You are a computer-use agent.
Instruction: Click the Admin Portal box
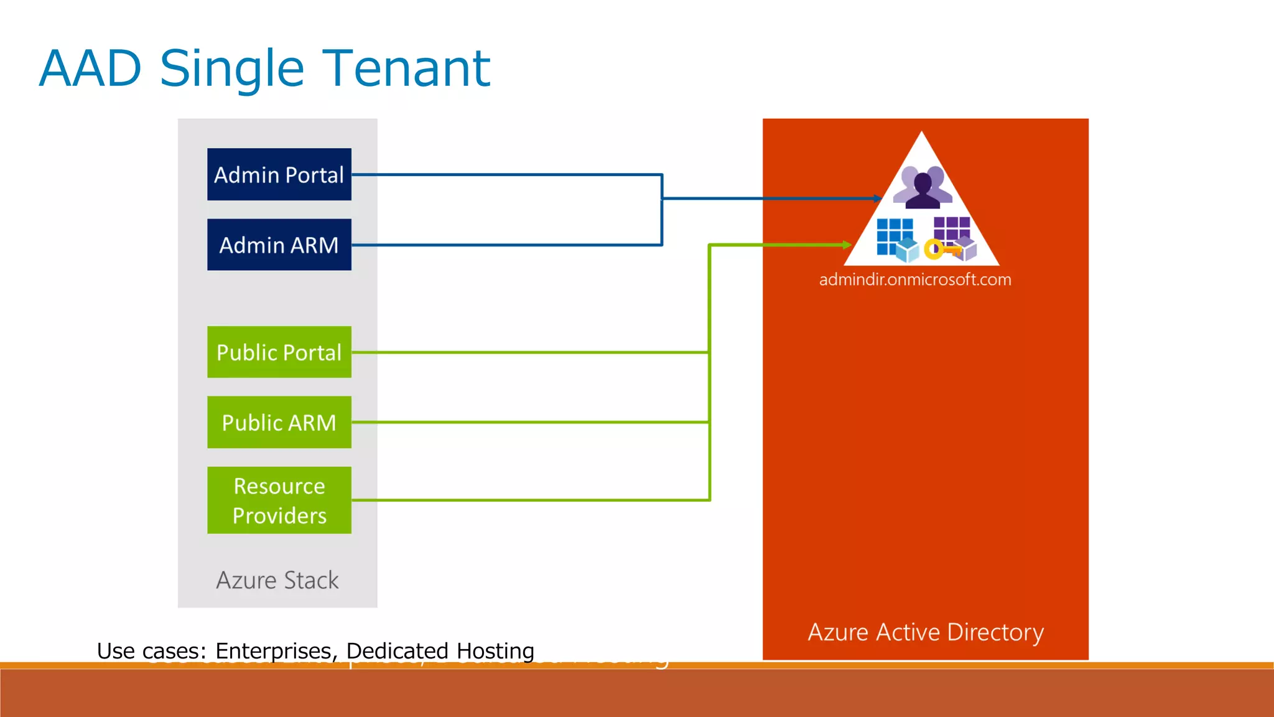point(279,174)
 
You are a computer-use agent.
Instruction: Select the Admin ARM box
point(279,245)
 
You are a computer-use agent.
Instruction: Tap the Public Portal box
point(279,352)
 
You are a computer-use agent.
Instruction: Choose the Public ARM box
point(279,423)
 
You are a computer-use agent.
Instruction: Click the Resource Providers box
point(279,500)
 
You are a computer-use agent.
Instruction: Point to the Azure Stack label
point(277,580)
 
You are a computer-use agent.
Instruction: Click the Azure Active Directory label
point(925,632)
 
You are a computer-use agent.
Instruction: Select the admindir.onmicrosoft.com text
point(915,279)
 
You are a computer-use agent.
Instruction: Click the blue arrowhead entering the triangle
point(878,199)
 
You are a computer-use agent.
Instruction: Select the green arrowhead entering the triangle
point(847,245)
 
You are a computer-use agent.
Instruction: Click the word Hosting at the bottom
point(495,651)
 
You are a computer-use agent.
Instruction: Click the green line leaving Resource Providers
point(529,500)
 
